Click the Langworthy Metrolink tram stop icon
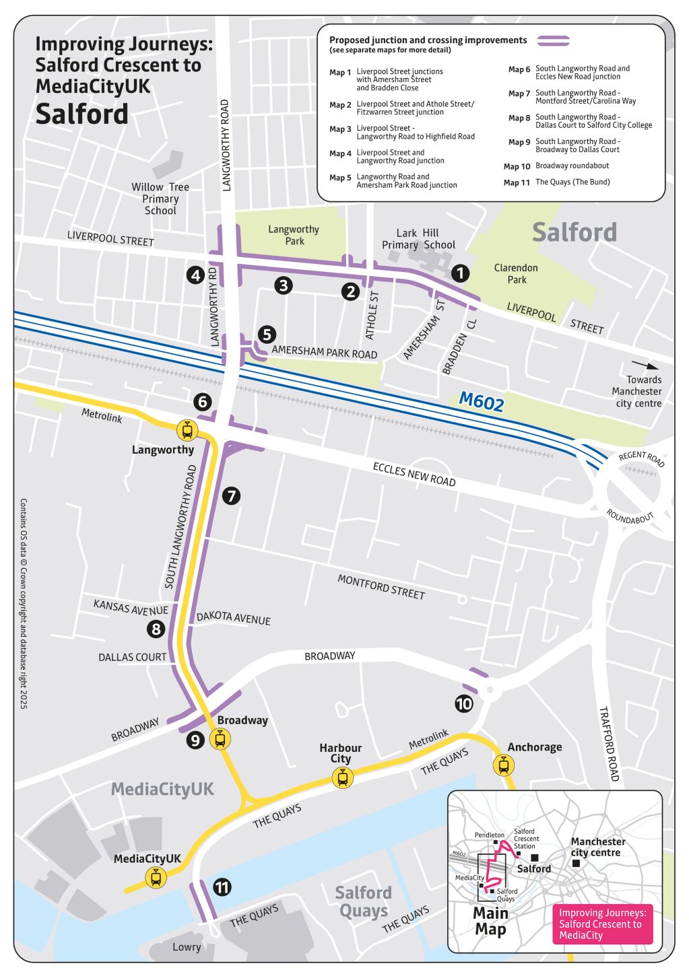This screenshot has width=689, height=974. point(187,429)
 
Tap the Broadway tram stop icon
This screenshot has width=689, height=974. point(220,739)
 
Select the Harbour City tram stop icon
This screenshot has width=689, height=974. point(343,778)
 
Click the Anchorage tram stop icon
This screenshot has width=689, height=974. point(503,765)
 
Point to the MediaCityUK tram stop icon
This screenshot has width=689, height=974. point(156,878)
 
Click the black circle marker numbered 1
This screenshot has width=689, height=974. point(459,273)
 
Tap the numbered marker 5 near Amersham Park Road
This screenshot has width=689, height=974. point(267,334)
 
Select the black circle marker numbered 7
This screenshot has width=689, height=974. point(231,496)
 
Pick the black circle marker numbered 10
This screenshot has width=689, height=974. point(464,704)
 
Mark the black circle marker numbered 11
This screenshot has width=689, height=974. point(222,887)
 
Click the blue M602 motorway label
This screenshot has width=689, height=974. point(481,401)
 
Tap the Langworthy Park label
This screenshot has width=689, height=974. point(294,235)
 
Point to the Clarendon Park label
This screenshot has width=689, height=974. point(516,273)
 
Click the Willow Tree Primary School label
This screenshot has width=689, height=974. point(160,199)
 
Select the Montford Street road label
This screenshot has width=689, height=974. point(381,587)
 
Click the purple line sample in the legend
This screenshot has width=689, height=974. point(553,41)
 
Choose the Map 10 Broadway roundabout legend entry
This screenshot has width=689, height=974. point(556,166)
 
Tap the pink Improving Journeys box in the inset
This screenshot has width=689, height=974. point(602,924)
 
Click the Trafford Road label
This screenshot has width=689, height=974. point(609,744)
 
